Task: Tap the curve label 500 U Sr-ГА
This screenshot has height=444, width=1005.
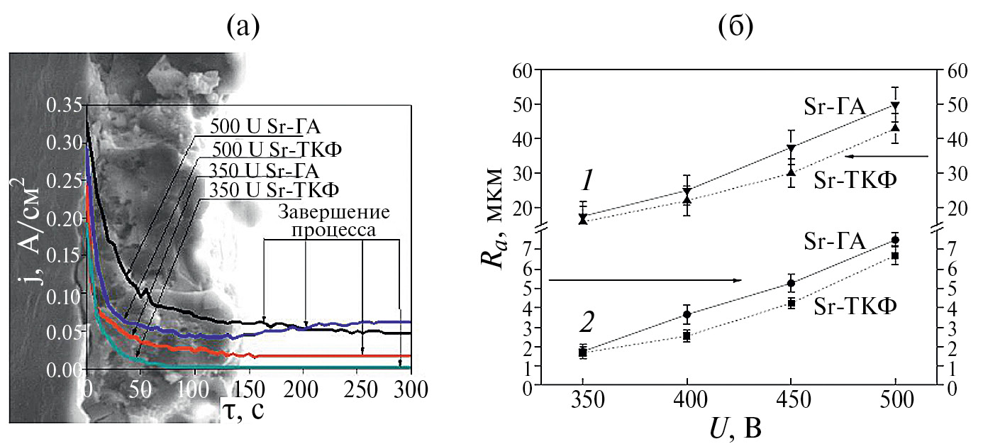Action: pos(266,128)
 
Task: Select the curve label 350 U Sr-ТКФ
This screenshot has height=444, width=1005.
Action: pos(272,190)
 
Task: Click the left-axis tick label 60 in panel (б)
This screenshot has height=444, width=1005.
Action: pos(521,71)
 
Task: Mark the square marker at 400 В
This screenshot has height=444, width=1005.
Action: pos(687,336)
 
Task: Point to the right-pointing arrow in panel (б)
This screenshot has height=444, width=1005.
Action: pos(645,280)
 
